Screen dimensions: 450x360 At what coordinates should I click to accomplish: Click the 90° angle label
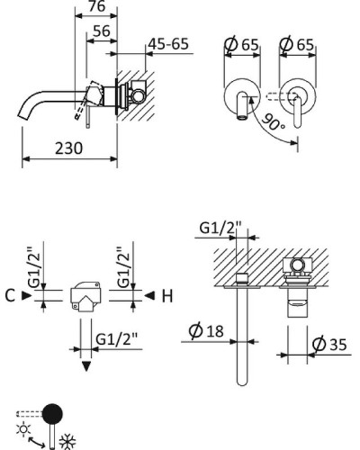(274, 123)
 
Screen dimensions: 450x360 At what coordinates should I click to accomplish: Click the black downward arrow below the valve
(85, 366)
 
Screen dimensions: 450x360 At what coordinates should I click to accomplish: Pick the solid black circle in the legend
(55, 414)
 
